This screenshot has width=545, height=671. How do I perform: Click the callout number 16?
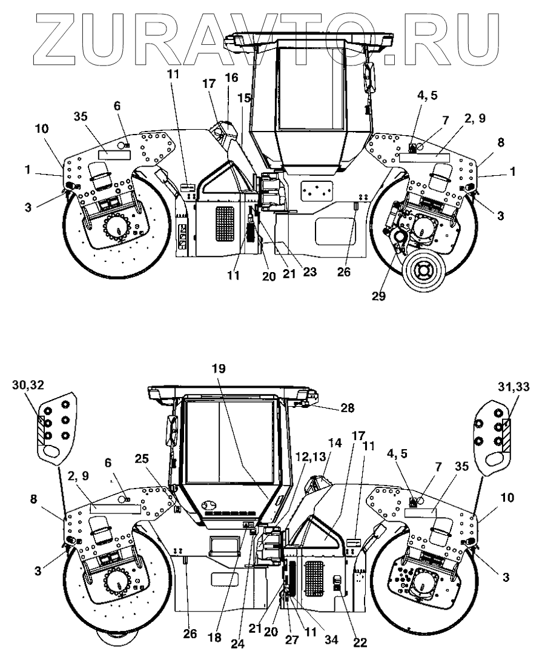tap(231, 78)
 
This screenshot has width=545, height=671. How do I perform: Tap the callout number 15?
tap(244, 98)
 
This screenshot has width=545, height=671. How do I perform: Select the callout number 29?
tap(378, 296)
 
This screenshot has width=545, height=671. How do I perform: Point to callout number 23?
tap(310, 271)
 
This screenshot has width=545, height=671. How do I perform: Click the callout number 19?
tap(219, 369)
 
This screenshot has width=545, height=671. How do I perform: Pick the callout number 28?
tap(348, 408)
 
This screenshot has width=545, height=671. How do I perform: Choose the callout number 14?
tap(335, 443)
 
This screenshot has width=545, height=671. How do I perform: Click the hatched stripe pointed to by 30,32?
tap(41, 430)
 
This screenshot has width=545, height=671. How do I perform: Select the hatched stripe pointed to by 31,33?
tap(506, 435)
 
